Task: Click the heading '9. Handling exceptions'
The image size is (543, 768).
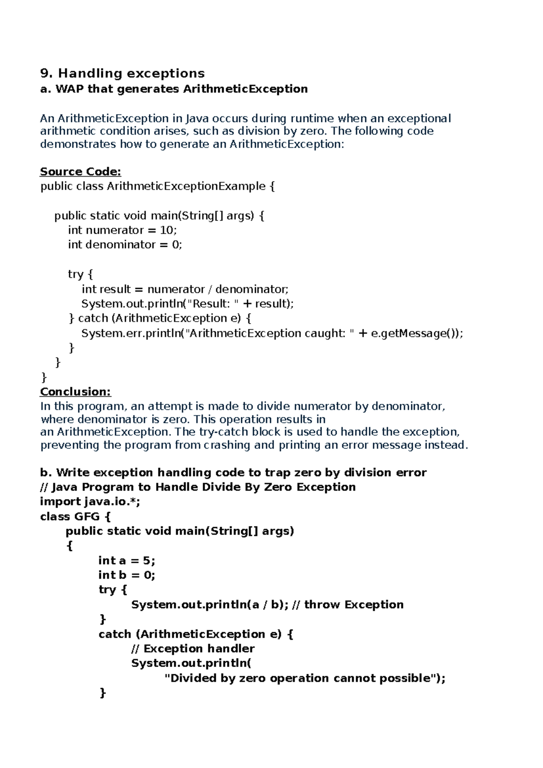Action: tap(122, 73)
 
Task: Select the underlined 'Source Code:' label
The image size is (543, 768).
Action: tap(81, 172)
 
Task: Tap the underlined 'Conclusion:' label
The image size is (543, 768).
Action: tap(76, 392)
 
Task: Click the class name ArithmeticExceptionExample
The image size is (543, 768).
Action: tap(186, 187)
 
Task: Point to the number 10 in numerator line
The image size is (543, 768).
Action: tap(167, 230)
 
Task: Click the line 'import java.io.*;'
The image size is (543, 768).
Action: tap(90, 502)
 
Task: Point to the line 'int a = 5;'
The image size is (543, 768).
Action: tap(127, 561)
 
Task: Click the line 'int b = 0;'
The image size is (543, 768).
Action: tap(127, 575)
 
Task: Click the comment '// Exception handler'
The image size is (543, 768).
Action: tap(193, 648)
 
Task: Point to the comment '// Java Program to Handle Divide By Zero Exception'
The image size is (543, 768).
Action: tap(198, 487)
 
